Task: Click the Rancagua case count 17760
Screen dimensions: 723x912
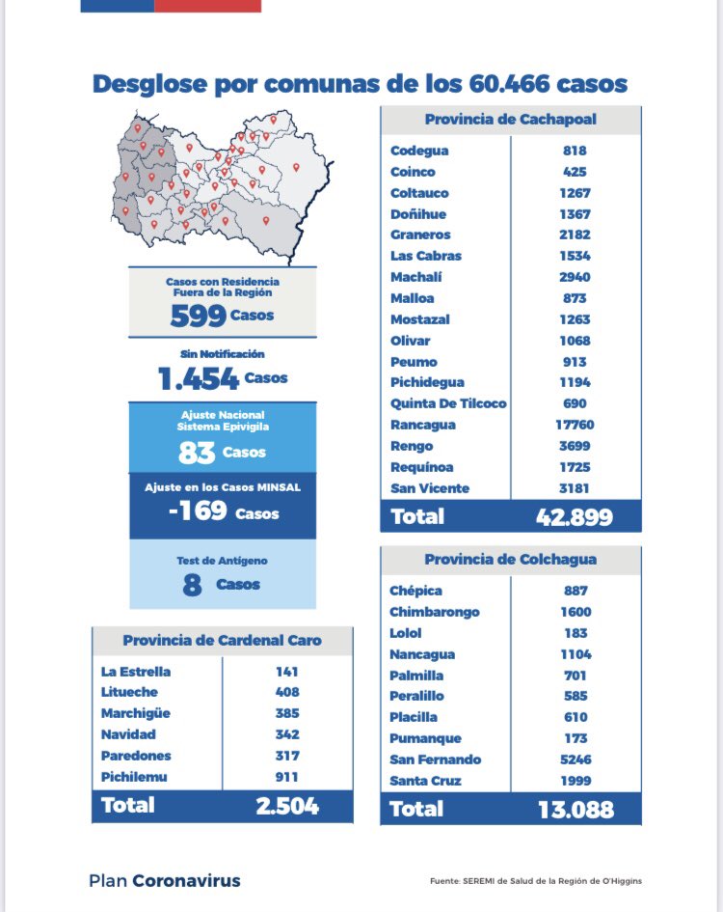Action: tap(575, 425)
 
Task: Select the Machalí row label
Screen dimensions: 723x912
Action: tap(416, 277)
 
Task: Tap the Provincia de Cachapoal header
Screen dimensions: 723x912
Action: tap(511, 120)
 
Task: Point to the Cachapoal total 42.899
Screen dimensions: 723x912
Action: tap(575, 516)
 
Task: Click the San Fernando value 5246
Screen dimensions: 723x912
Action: tap(576, 759)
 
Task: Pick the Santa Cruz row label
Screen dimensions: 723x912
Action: tap(425, 781)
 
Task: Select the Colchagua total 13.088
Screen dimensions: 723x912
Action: tap(576, 809)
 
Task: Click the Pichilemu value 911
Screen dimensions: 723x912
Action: tap(287, 777)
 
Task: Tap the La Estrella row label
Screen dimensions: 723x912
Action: tap(136, 671)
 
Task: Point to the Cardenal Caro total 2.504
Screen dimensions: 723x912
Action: tap(287, 806)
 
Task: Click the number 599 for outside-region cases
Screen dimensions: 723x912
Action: tap(199, 316)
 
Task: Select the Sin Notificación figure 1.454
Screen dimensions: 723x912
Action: tap(199, 378)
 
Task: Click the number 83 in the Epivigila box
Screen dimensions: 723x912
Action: tap(197, 453)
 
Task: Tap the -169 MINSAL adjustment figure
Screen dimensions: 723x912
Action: tap(198, 511)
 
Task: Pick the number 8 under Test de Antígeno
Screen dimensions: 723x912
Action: tap(193, 585)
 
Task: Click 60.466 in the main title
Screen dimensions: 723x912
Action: tap(509, 84)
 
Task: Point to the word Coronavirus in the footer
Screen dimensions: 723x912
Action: tap(187, 880)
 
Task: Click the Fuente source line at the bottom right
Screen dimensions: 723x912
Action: tap(536, 880)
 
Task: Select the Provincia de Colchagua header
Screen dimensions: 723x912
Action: tap(510, 560)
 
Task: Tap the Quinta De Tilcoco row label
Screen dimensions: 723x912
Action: tap(448, 403)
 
